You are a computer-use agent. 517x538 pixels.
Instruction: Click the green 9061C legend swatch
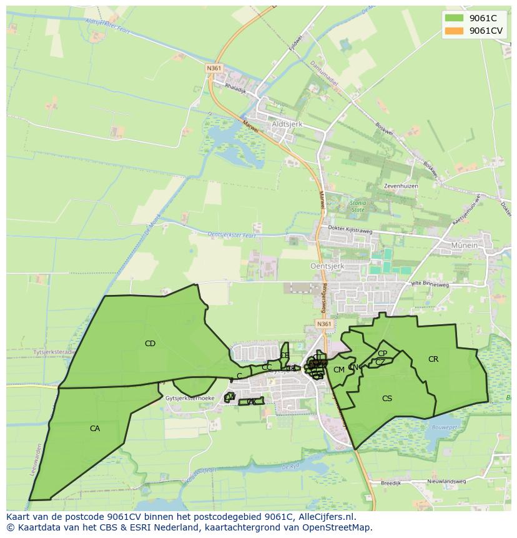coord(454,18)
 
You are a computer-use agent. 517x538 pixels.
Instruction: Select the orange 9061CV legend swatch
coord(454,31)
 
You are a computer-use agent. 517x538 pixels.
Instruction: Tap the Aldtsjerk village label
coord(287,124)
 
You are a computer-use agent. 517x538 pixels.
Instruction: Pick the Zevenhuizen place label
coord(401,186)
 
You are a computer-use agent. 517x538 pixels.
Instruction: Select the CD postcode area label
coord(150,344)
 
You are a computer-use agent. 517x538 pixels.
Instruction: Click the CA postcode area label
coord(95,429)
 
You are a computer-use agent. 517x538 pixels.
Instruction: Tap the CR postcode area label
coord(433,359)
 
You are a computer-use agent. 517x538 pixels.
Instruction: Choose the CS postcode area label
coord(387,399)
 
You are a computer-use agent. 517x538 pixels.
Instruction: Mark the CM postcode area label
coord(339,370)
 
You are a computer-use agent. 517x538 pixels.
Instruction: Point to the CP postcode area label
coord(382,354)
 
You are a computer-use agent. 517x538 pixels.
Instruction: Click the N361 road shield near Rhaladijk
coord(214,68)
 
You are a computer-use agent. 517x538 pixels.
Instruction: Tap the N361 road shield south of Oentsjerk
coord(323,324)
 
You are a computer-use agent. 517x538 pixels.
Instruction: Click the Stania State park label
coord(358,206)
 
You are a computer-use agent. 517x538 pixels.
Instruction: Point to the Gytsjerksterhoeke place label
coord(190,398)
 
